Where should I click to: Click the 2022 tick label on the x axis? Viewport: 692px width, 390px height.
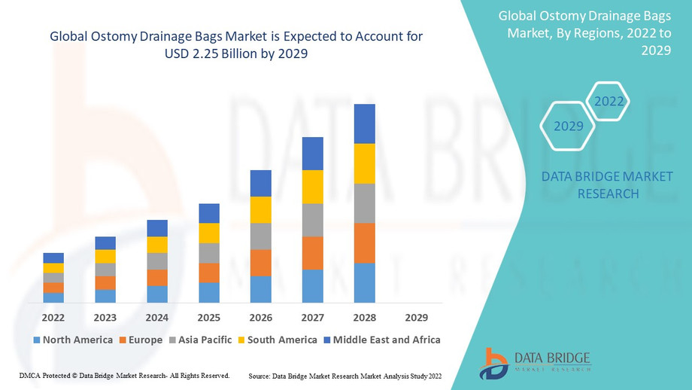[53, 318]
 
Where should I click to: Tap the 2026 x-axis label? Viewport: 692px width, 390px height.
[261, 318]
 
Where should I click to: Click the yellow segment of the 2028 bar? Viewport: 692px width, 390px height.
[365, 163]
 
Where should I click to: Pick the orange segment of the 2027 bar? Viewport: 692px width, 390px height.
[313, 253]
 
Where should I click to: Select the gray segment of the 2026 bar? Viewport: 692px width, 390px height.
[261, 236]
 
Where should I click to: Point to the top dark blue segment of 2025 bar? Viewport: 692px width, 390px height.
[209, 213]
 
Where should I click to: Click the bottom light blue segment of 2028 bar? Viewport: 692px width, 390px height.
[365, 283]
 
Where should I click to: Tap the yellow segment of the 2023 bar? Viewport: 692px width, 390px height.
[105, 256]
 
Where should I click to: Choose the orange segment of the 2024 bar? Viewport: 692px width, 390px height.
[157, 277]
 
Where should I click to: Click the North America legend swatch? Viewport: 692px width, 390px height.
[37, 340]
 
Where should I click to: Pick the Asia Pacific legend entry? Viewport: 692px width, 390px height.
[199, 340]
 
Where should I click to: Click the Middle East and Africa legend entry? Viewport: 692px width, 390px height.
[381, 340]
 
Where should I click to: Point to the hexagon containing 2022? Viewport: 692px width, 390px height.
[607, 100]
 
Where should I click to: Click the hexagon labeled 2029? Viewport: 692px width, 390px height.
[569, 126]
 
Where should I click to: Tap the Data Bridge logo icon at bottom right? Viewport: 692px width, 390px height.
[493, 363]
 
